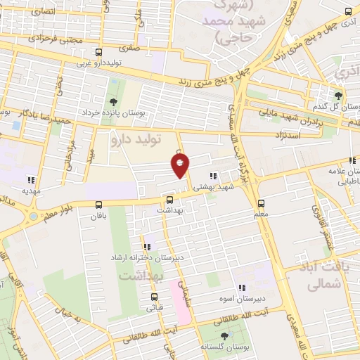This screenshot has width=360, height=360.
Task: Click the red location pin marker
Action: click(x=180, y=165)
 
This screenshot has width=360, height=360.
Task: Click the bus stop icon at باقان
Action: click(x=98, y=205)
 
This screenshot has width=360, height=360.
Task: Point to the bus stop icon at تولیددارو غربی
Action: click(x=98, y=52)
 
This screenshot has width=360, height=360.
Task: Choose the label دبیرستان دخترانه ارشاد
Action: click(x=147, y=257)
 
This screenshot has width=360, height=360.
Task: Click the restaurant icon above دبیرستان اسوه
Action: click(x=242, y=287)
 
